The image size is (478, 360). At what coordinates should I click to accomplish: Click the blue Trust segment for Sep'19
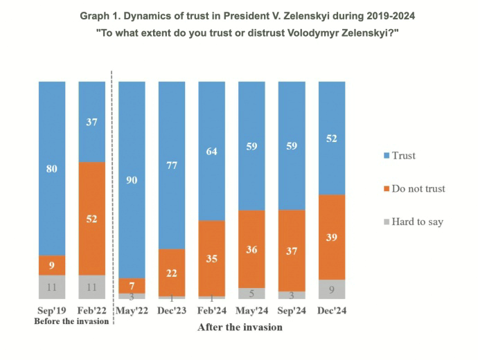tap(52, 168)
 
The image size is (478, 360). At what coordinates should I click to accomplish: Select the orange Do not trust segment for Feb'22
tap(92, 218)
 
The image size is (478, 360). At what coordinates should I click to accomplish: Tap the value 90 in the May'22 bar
tap(132, 180)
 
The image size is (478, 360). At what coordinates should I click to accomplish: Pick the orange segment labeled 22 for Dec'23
tap(172, 272)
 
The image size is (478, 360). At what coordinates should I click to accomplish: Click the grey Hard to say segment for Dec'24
tap(332, 289)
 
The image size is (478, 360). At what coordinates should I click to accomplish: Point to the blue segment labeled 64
tap(212, 150)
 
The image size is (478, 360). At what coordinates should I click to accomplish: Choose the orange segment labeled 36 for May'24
tap(252, 249)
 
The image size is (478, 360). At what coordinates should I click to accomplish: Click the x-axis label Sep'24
tap(292, 311)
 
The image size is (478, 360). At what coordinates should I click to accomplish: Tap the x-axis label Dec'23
tap(172, 311)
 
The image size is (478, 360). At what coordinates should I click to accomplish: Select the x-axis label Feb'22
tap(92, 311)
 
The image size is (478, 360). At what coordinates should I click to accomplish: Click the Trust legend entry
tap(403, 156)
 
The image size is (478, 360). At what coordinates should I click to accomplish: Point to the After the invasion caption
tap(240, 327)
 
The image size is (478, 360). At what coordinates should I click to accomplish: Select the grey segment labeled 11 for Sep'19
tap(52, 286)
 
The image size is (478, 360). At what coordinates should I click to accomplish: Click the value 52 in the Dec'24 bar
tap(332, 138)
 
